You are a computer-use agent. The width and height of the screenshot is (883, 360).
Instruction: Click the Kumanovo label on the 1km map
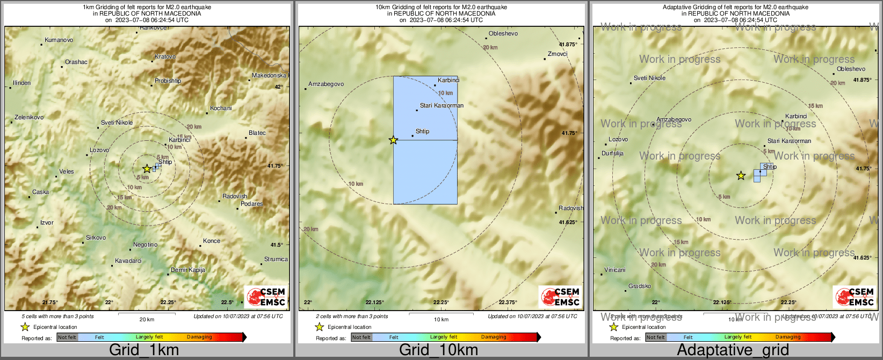point(59,40)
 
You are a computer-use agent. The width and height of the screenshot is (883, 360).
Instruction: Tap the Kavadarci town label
point(128,261)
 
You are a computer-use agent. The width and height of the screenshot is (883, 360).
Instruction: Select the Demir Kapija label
point(188,270)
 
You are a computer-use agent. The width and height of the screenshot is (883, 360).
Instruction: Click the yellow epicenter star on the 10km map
point(393,140)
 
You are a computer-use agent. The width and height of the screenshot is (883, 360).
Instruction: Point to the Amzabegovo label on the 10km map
point(326,84)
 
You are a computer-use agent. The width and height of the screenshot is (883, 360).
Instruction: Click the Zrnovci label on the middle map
point(558,54)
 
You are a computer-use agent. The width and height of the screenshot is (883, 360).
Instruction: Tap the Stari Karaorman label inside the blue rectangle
point(441,105)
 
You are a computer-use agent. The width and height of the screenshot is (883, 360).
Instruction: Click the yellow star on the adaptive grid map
point(741,176)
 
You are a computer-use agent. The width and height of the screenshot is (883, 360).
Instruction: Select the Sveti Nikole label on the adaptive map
point(649,78)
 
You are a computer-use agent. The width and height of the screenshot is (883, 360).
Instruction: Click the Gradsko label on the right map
point(640,286)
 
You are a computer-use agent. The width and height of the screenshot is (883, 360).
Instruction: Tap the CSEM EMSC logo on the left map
point(266,297)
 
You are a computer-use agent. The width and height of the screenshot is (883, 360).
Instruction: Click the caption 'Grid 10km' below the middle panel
point(438,350)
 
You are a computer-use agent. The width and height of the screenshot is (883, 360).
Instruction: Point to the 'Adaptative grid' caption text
point(733,350)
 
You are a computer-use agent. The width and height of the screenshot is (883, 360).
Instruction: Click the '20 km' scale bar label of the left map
point(147,319)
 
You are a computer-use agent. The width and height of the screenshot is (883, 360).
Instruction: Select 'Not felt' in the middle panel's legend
point(361,337)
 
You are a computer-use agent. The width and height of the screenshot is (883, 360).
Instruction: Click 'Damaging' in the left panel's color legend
point(199,337)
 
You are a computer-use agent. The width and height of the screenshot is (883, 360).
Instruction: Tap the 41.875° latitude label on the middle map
point(568,45)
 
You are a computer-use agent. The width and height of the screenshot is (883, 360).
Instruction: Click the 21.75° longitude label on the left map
point(50,303)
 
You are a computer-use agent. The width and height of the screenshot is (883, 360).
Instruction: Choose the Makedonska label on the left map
point(269,75)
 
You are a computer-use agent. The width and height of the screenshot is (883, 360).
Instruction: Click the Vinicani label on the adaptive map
point(614,270)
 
